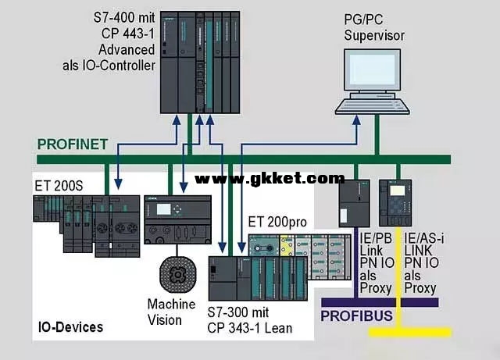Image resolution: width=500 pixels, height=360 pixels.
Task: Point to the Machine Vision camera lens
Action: [174, 273]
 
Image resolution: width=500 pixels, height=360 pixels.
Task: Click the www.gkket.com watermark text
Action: [270, 178]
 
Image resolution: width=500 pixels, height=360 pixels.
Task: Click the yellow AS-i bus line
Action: [406, 332]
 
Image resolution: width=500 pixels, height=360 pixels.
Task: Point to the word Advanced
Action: [127, 50]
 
